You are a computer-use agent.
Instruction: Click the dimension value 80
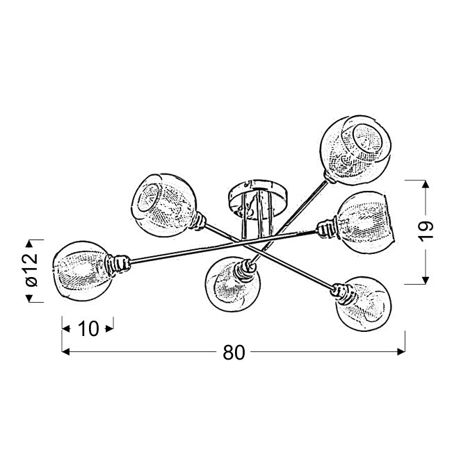[234, 352]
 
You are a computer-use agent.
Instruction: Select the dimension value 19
[426, 230]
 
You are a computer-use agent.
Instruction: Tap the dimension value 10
[88, 329]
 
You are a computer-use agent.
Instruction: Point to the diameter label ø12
[32, 270]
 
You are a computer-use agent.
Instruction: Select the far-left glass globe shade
[83, 270]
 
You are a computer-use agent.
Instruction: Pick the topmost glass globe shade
[356, 150]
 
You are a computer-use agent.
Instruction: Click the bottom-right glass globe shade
[364, 303]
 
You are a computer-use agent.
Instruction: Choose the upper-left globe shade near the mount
[164, 205]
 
